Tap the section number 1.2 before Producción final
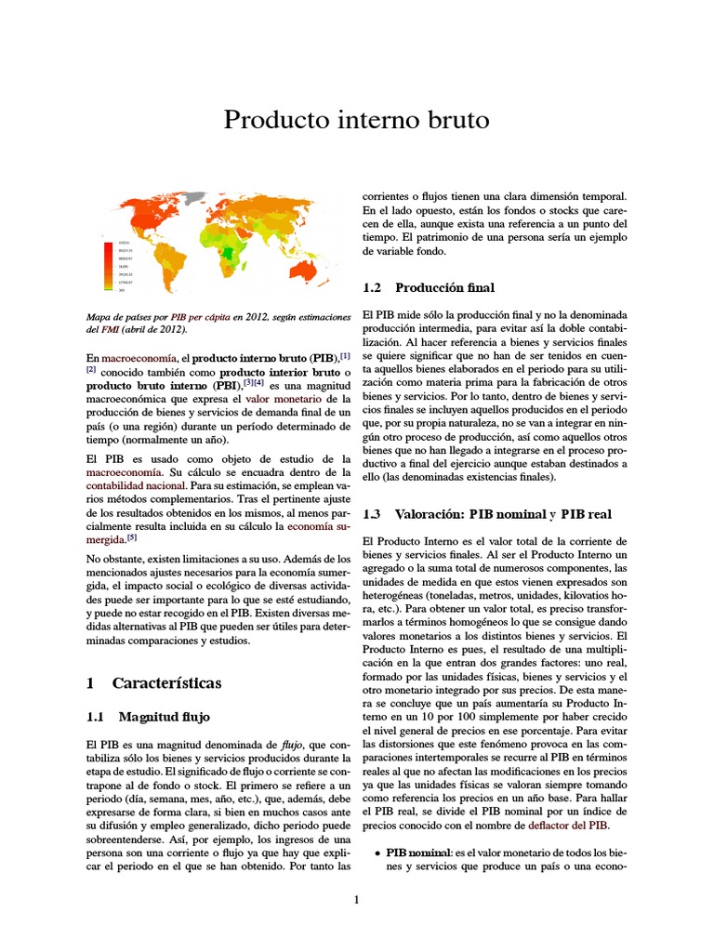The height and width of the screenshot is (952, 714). point(373,287)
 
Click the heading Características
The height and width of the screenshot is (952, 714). point(167,683)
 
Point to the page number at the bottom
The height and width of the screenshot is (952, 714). point(356,899)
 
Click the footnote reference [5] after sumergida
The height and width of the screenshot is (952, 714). point(132,537)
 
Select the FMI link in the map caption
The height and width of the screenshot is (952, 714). point(99,329)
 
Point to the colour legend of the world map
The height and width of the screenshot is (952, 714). point(119,266)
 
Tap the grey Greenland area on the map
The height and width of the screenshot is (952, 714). point(195,197)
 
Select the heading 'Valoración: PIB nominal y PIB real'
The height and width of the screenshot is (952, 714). point(503,513)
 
